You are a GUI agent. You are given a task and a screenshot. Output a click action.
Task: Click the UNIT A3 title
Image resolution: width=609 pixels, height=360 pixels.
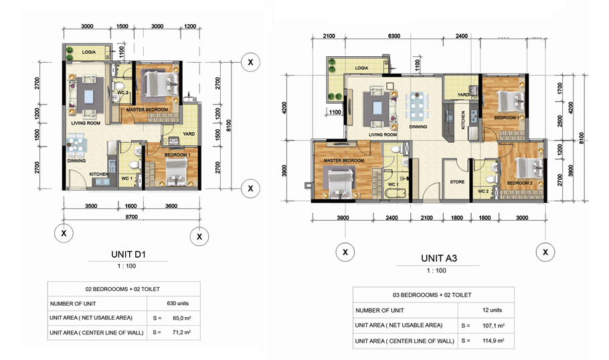[438, 257]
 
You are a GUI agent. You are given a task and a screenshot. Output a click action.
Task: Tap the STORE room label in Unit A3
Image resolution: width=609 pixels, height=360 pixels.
[457, 181]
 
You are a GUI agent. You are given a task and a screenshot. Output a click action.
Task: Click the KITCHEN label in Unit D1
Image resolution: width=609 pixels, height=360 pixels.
[99, 174]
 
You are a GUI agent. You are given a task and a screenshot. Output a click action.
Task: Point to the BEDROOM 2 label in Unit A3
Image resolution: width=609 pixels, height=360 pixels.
[519, 183]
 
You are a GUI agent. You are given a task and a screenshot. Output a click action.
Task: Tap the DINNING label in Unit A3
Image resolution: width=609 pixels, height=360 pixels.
[418, 126]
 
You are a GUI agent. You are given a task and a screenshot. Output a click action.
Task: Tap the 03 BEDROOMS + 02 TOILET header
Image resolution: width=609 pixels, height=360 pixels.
[433, 294]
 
